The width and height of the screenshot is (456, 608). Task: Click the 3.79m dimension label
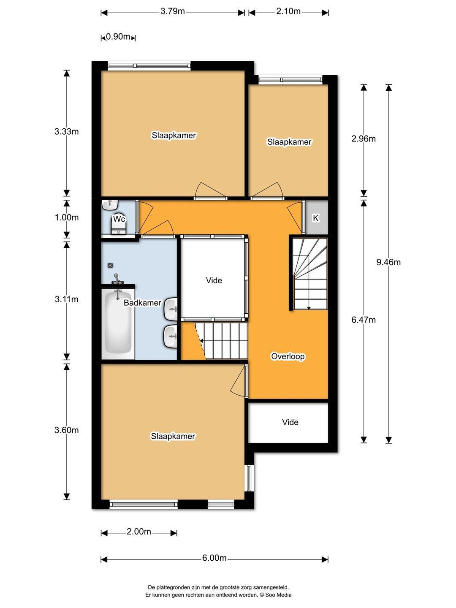[173, 12]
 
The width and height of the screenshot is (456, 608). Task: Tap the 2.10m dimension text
[288, 11]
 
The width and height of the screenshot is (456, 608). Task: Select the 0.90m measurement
[118, 37]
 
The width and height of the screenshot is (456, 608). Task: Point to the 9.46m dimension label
[388, 262]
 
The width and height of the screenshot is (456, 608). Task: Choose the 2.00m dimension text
[139, 532]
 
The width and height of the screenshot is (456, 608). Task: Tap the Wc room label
[119, 219]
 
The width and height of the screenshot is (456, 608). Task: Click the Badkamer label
[142, 303]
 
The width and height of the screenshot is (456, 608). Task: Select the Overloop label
[288, 356]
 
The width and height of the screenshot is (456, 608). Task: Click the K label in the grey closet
[316, 218]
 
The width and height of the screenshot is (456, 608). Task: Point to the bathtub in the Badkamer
[118, 324]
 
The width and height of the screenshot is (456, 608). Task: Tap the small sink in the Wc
[110, 204]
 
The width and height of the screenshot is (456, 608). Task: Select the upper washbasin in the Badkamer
[171, 309]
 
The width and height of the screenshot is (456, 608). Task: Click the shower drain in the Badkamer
[110, 265]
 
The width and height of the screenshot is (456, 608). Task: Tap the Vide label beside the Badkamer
[214, 280]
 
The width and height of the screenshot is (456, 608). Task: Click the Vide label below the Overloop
[290, 422]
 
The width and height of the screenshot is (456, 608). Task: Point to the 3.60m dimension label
[66, 430]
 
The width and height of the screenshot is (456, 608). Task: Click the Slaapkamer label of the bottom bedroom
[173, 436]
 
